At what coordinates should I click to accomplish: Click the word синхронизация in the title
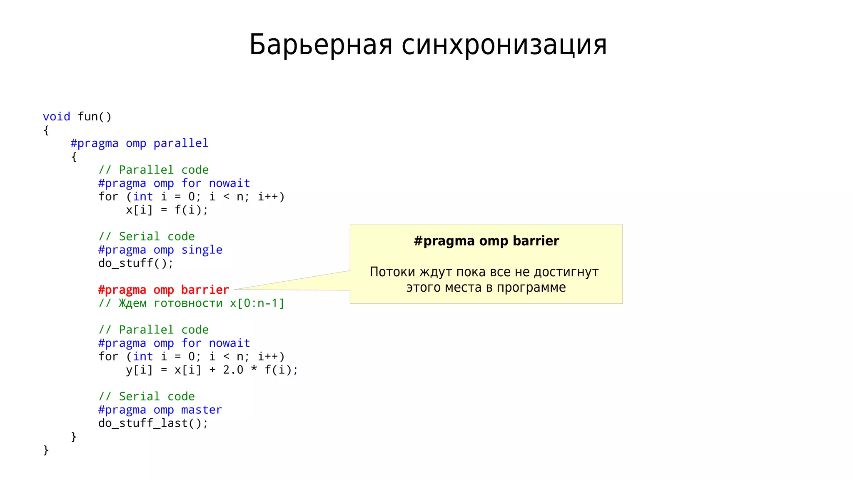(x=504, y=45)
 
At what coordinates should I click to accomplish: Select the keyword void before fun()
(x=56, y=117)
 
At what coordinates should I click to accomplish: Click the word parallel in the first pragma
(x=181, y=143)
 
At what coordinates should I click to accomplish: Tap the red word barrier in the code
(x=205, y=290)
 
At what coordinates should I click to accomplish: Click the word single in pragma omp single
(x=202, y=250)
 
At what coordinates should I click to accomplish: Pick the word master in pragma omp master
(x=202, y=410)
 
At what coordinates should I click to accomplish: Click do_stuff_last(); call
(x=153, y=423)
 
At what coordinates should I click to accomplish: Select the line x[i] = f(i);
(x=167, y=210)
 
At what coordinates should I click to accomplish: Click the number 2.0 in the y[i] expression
(x=233, y=370)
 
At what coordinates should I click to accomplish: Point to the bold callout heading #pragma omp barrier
(x=486, y=241)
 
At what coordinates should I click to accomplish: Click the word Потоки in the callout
(x=392, y=272)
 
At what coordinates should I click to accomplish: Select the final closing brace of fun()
(x=46, y=450)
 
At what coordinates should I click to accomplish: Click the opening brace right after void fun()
(x=46, y=130)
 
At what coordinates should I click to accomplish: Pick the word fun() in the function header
(x=95, y=117)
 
